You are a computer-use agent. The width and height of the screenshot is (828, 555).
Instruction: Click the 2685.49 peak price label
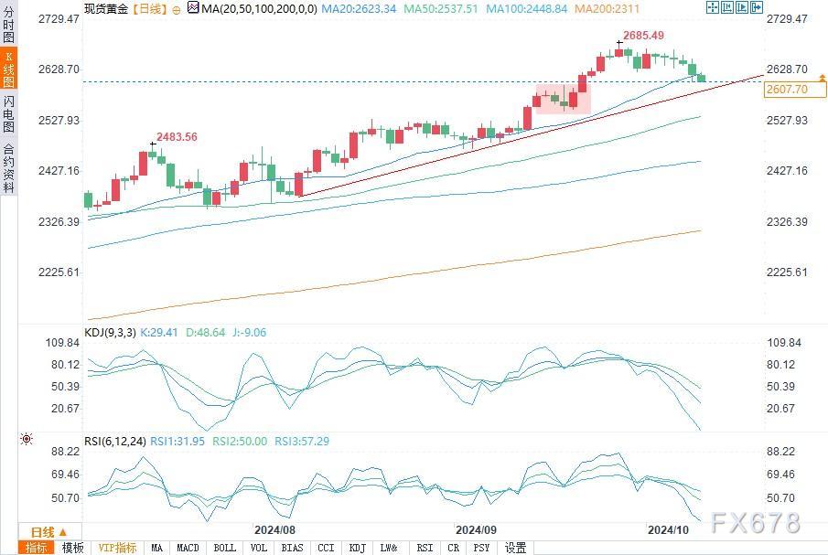coord(643,36)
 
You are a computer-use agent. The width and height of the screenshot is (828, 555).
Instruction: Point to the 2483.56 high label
coord(177,137)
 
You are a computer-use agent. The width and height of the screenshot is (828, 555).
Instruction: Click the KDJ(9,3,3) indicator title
coord(110,333)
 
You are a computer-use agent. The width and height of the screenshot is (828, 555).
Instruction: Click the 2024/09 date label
coord(475,529)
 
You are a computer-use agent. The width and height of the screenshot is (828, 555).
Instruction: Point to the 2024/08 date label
coord(274,529)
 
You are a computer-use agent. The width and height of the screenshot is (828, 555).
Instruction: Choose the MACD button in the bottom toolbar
coord(188,548)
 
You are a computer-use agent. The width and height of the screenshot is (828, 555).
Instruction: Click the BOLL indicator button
coord(223,548)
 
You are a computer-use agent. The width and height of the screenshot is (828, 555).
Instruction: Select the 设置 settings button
coord(516,548)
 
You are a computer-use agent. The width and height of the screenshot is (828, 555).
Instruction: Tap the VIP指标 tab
coord(117,548)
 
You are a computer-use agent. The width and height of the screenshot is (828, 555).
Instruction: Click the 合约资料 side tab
coord(9,168)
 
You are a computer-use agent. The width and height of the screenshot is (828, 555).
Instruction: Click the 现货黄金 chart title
coord(105,8)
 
